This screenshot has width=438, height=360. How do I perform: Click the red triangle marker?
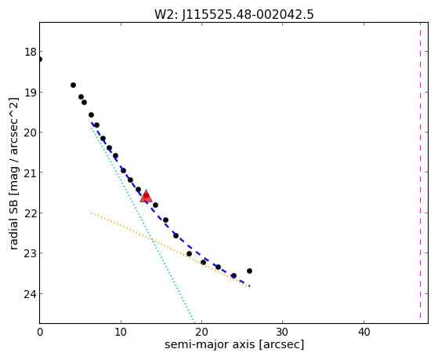(146, 196)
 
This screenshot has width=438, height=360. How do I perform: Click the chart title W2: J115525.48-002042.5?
(234, 14)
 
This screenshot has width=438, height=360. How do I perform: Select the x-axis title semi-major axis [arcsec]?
(234, 344)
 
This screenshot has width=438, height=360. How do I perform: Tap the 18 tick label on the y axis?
(31, 52)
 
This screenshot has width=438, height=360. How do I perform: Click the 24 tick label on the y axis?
(31, 294)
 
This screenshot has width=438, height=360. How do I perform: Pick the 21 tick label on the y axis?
(31, 173)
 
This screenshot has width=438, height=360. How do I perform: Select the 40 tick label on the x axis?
(364, 333)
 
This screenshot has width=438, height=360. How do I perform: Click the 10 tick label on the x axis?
(121, 333)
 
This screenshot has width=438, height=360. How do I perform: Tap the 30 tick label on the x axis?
(282, 333)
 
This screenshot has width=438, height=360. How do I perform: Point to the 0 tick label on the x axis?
(40, 333)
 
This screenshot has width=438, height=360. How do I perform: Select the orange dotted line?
(170, 249)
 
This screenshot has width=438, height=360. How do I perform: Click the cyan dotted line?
(143, 224)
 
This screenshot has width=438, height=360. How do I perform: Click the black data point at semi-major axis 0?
(40, 59)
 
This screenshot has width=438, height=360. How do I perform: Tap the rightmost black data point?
(249, 271)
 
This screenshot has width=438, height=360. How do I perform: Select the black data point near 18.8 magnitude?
(73, 85)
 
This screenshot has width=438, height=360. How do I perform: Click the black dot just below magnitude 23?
(189, 253)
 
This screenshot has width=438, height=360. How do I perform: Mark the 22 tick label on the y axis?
(31, 213)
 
